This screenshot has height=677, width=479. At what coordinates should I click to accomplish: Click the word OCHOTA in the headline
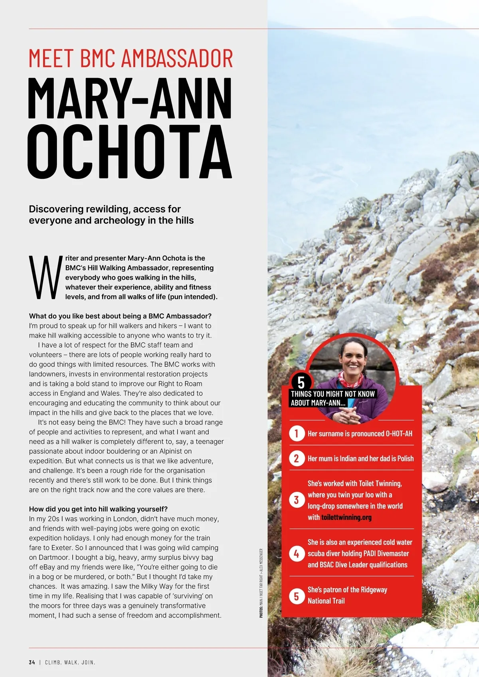click(x=129, y=152)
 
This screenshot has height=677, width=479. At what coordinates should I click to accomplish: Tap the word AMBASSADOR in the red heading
click(x=177, y=58)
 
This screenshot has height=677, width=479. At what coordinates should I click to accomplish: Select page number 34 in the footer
click(x=32, y=662)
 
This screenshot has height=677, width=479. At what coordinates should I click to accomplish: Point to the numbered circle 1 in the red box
click(x=296, y=433)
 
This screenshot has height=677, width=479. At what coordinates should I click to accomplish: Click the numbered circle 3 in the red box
click(x=296, y=500)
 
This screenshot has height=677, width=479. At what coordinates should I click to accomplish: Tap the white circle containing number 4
click(x=296, y=554)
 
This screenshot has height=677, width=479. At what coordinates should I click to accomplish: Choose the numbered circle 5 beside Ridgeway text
click(x=296, y=596)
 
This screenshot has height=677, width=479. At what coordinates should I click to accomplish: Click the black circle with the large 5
click(x=301, y=382)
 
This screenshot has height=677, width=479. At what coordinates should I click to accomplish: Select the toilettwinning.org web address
click(x=346, y=517)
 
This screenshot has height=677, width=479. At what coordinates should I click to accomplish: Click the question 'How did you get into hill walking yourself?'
click(x=98, y=509)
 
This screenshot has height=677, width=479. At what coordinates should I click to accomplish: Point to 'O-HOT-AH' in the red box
click(x=399, y=434)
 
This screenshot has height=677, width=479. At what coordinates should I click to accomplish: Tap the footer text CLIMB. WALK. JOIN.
click(x=70, y=662)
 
